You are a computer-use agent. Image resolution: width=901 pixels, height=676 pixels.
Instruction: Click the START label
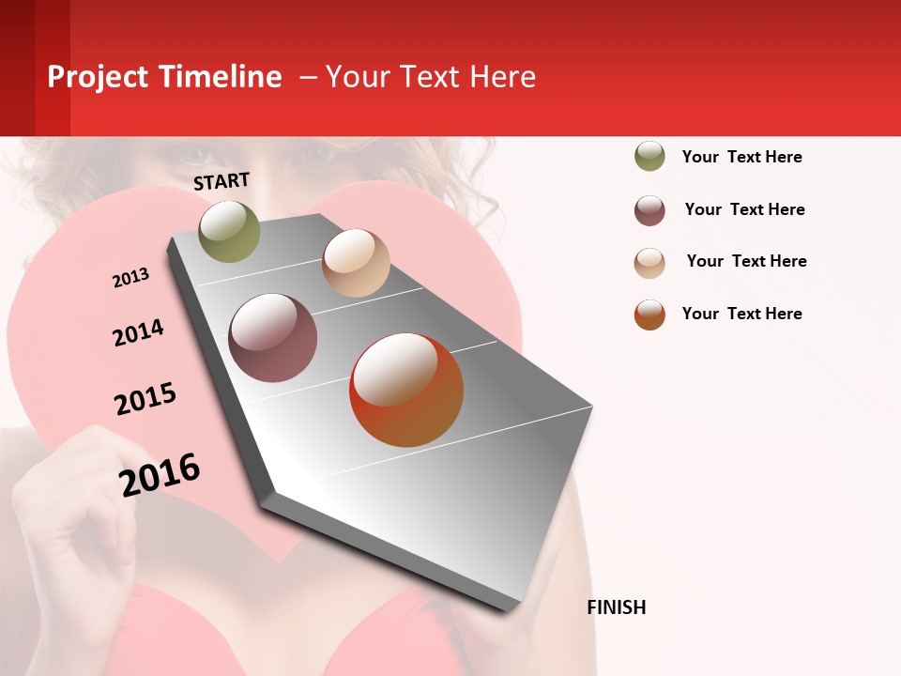[x=221, y=181]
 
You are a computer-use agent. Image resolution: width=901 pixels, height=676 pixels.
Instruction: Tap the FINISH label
[x=617, y=607]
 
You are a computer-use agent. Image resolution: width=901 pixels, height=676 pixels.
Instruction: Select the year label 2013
[x=130, y=278]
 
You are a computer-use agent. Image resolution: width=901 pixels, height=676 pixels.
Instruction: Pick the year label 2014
[x=138, y=332]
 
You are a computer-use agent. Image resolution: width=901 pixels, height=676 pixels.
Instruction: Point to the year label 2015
[x=145, y=399]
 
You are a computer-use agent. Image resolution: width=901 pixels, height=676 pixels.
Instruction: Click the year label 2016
[x=160, y=475]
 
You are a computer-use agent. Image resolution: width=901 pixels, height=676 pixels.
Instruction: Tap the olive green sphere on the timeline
[x=230, y=231]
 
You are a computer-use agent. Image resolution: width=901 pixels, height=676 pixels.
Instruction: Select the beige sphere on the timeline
[x=356, y=263]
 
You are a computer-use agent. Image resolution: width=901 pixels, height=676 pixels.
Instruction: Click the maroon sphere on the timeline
[x=273, y=338]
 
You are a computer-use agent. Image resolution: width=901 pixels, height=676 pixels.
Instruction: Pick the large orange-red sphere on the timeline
[x=406, y=390]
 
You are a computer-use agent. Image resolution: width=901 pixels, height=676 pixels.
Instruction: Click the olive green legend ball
[x=649, y=156]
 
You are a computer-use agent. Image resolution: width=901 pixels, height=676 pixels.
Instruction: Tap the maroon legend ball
[x=649, y=210]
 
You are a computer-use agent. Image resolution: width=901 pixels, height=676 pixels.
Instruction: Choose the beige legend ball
[x=649, y=263]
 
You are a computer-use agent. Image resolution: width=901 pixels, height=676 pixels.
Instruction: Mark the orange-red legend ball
[x=649, y=315]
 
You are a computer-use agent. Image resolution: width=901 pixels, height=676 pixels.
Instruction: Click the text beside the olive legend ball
[x=741, y=157]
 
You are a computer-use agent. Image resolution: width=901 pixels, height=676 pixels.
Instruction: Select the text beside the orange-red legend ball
[x=741, y=314]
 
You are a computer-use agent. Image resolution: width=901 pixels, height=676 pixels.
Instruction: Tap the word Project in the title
[x=98, y=77]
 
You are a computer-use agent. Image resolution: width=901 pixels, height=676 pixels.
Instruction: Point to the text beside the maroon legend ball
[x=744, y=209]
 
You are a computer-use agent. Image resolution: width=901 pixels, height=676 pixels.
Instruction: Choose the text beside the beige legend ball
[x=746, y=261]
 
